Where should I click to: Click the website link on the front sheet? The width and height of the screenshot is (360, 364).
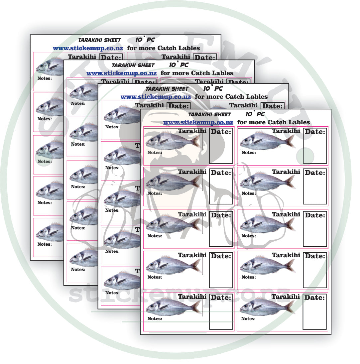coord(198,122)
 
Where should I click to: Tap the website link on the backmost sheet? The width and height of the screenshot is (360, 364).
coord(88,48)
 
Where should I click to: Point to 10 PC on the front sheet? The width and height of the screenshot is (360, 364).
coord(255,114)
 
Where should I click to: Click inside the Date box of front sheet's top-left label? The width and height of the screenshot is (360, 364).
coord(221,150)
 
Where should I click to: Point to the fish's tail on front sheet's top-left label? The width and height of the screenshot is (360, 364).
coord(196,141)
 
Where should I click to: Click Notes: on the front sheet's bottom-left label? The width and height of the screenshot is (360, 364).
coord(155,318)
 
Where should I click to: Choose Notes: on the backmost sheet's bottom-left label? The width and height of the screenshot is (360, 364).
coord(45,244)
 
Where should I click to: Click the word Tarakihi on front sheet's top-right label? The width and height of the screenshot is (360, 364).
coord(286,131)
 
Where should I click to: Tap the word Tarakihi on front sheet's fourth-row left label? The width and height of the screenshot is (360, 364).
coord(192,255)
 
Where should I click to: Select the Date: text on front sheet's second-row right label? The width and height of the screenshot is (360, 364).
coord(315,173)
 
